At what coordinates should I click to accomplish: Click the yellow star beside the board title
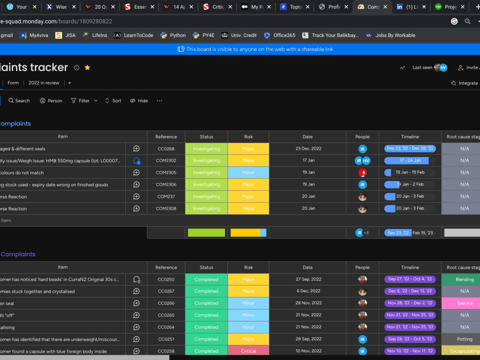(x=87, y=68)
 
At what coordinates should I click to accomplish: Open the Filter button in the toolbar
(x=81, y=101)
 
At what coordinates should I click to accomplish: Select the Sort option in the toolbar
(x=113, y=101)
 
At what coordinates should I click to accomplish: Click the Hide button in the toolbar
(x=139, y=101)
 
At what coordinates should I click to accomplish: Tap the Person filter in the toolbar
(x=51, y=101)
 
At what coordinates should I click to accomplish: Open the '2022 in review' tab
(x=44, y=83)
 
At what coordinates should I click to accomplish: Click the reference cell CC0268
(x=166, y=149)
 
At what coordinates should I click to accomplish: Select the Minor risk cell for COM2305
(x=248, y=173)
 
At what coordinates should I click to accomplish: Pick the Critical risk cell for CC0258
(x=248, y=351)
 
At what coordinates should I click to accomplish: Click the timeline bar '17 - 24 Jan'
(x=409, y=161)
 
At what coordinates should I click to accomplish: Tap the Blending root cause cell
(x=464, y=279)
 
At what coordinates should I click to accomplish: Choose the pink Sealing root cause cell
(x=464, y=303)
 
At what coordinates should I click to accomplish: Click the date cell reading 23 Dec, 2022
(x=308, y=149)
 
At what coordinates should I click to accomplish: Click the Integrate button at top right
(x=465, y=83)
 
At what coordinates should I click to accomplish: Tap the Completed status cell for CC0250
(x=206, y=279)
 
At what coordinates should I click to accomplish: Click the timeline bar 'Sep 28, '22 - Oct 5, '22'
(x=410, y=339)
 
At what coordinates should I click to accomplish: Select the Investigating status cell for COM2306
(x=206, y=185)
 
